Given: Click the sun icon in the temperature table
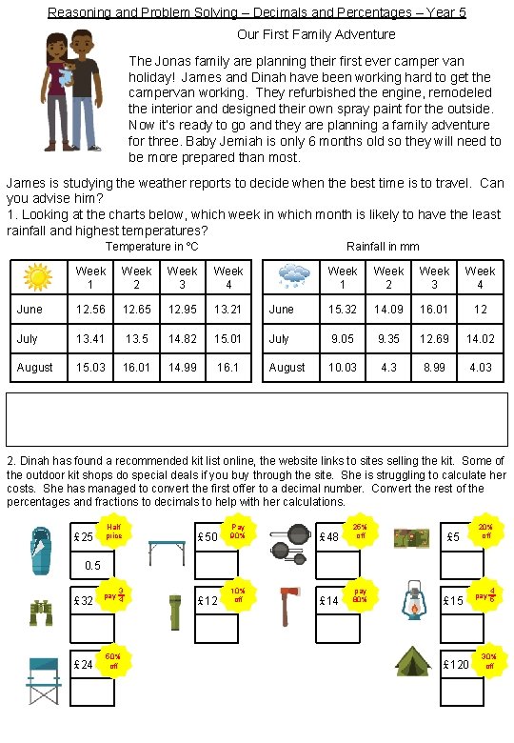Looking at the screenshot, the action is [38, 276].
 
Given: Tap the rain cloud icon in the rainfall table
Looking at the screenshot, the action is [293, 276].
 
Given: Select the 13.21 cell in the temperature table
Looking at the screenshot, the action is [227, 309].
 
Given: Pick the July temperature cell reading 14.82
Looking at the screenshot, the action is [182, 337].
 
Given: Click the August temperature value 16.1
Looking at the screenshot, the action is [227, 366].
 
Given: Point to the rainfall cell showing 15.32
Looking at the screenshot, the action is [343, 309].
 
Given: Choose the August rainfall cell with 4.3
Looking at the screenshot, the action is [388, 366].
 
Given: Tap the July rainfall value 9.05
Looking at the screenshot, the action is [343, 337].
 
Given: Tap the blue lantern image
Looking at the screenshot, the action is [415, 600].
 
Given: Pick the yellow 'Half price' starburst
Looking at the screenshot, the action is [114, 532].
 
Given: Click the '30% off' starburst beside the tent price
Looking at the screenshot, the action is [489, 660].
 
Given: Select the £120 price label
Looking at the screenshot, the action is [457, 664].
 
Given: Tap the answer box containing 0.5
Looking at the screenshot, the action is [92, 566].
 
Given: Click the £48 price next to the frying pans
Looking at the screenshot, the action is [330, 536].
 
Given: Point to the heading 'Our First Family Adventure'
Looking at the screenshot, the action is [316, 34].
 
